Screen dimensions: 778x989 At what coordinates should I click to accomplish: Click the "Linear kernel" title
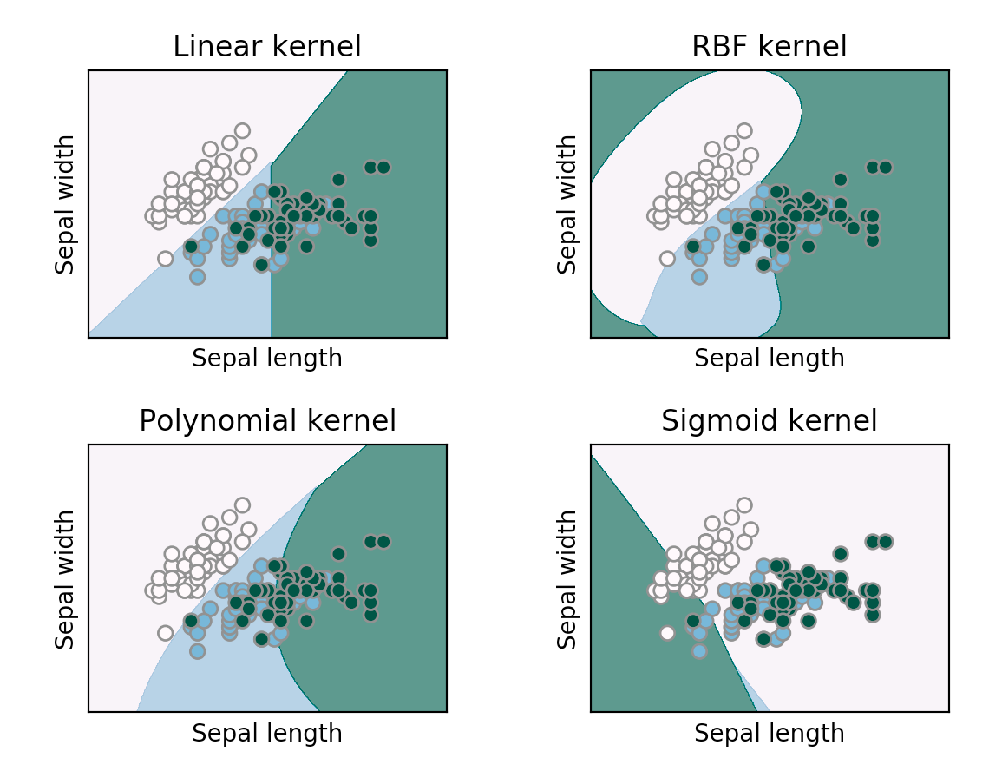coord(267,47)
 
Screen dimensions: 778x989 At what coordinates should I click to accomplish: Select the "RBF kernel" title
coord(769,47)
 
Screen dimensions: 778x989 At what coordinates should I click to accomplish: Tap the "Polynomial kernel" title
coord(267,421)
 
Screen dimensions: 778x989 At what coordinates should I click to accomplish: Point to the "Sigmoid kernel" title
coord(769,421)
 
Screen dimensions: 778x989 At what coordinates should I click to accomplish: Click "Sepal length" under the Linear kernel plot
coord(267,359)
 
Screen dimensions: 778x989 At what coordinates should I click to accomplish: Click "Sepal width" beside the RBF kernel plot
coord(567,204)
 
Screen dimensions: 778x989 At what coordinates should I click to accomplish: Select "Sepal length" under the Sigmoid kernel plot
coord(769,733)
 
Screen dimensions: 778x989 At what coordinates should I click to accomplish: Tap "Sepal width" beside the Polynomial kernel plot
coord(65,578)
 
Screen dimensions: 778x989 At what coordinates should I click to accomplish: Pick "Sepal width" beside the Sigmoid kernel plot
coord(567,578)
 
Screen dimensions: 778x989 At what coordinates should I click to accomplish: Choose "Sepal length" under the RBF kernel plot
coord(769,359)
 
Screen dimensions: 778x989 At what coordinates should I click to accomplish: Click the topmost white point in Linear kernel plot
coord(242,131)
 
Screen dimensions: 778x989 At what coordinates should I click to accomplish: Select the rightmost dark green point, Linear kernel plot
coord(383,167)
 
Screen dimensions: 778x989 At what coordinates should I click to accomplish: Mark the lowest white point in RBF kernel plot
coord(667,258)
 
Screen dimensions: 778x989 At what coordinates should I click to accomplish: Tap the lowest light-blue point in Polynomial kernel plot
coord(197,650)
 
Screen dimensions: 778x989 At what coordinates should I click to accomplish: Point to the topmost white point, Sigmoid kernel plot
coord(743,504)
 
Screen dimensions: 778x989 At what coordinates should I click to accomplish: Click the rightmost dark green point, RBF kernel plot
coord(885,167)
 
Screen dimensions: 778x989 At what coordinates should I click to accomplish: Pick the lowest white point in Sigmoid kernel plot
coord(667,632)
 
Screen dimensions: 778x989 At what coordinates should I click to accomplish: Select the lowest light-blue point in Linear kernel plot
coord(197,277)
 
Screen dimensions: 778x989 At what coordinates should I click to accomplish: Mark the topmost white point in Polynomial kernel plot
coord(242,504)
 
